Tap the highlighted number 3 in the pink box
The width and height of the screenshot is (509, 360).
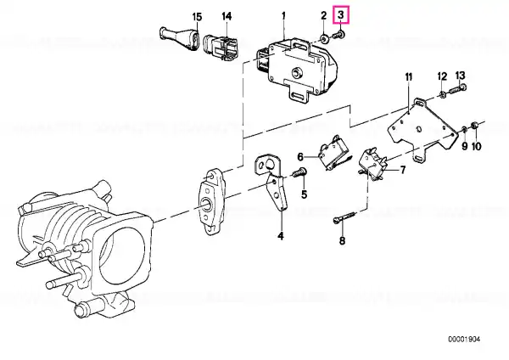(341, 15)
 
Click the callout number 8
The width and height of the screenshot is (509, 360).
(343, 241)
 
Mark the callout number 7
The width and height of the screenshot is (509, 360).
(403, 170)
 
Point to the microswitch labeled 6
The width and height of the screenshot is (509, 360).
(331, 154)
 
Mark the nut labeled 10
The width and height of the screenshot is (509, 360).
(476, 128)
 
